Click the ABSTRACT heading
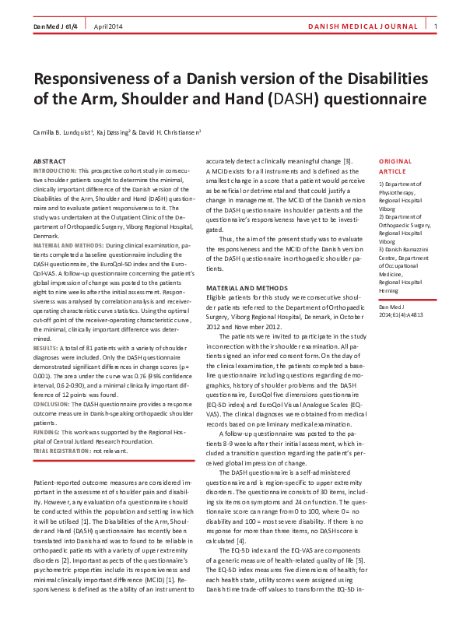click(50, 161)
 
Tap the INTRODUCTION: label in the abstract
click(54, 170)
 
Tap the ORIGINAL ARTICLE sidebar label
click(395, 166)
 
